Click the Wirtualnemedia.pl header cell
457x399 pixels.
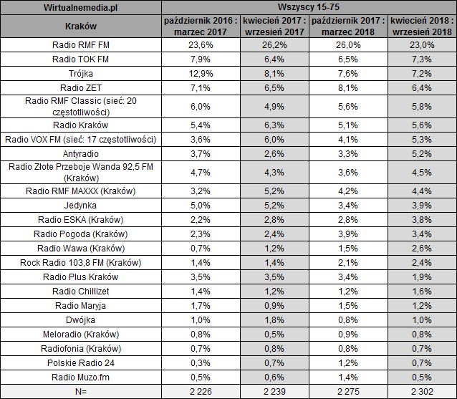click(80, 7)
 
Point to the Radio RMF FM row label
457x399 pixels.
click(80, 45)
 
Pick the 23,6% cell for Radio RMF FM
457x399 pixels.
click(196, 45)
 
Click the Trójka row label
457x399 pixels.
click(80, 73)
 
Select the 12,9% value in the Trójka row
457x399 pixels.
click(196, 73)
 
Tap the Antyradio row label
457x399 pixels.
click(80, 153)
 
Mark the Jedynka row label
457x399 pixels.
click(80, 206)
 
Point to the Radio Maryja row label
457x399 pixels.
click(80, 305)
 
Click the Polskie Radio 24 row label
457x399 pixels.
click(80, 362)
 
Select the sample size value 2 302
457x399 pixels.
click(421, 391)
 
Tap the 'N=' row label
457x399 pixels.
click(80, 391)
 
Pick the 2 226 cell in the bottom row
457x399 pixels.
click(196, 391)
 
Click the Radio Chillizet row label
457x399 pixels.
click(80, 291)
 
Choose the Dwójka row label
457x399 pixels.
click(80, 319)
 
